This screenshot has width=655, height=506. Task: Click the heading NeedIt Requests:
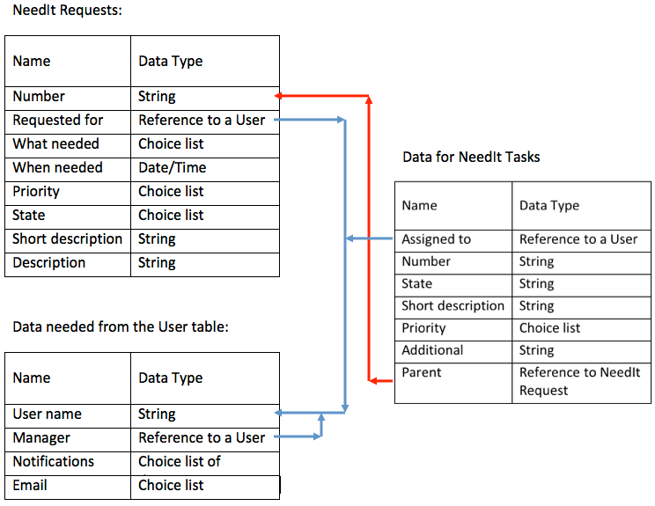(67, 11)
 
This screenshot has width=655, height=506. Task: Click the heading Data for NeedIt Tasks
(471, 158)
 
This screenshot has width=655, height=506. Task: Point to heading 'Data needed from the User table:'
(121, 327)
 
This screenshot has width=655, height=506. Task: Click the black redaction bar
(143, 292)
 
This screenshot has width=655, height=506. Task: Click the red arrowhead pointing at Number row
(278, 95)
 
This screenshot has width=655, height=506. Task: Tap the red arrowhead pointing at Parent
(373, 380)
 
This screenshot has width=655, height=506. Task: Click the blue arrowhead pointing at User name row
(279, 412)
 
